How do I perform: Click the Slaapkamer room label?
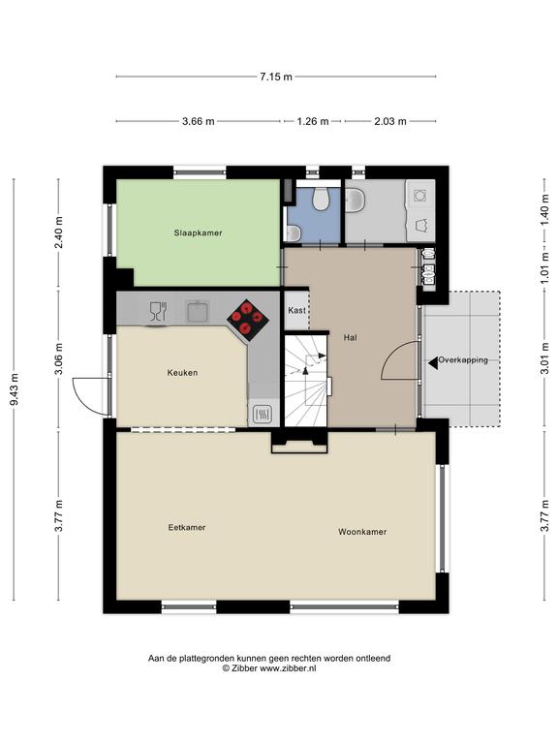click(198, 232)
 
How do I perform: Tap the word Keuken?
click(182, 373)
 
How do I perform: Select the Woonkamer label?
click(362, 532)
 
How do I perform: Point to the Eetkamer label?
click(186, 528)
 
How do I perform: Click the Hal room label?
click(350, 338)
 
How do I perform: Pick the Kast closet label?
click(296, 310)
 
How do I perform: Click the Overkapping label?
click(463, 360)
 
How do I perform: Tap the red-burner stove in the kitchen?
click(248, 320)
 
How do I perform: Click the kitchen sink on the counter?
click(199, 312)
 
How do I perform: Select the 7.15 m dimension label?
click(276, 77)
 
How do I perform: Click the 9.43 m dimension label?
click(15, 390)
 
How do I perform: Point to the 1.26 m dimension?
click(313, 121)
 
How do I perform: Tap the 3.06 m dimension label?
click(59, 358)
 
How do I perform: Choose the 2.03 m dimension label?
click(390, 121)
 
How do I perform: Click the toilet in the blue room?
click(321, 199)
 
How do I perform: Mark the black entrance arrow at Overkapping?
click(433, 363)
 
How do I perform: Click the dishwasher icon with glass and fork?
click(158, 312)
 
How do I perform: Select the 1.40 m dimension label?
click(544, 210)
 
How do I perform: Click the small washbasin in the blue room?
click(293, 232)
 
